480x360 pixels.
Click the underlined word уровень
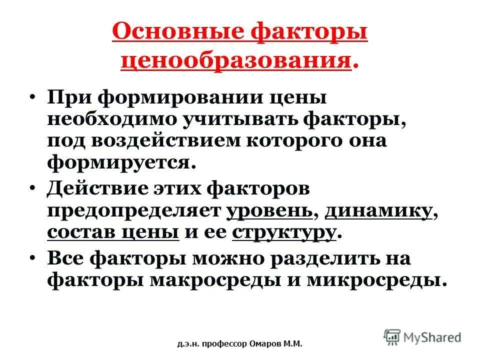coord(269,212)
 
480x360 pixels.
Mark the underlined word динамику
coord(378,212)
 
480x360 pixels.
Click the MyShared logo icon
coord(392,336)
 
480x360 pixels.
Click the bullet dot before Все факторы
coord(33,259)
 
